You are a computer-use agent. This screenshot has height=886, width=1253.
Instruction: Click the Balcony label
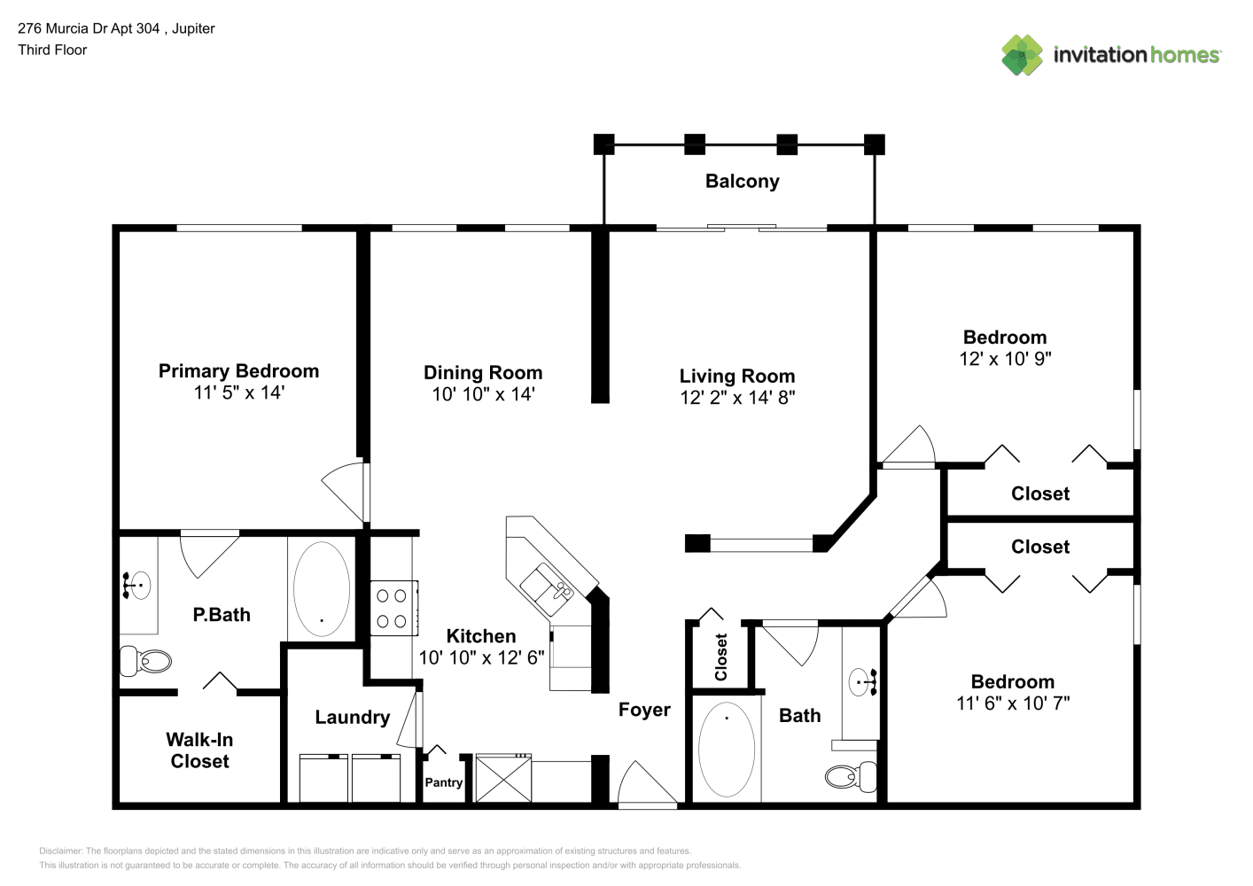(742, 182)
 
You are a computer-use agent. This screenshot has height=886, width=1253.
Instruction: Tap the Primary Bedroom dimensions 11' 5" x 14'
(239, 392)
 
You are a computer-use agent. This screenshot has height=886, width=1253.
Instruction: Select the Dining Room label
(483, 372)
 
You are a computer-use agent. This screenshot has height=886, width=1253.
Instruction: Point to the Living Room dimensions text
(737, 398)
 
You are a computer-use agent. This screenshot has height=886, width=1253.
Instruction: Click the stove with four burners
(393, 608)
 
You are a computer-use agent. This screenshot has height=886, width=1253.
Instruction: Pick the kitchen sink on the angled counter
(547, 589)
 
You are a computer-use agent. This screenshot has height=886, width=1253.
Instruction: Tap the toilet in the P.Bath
(144, 661)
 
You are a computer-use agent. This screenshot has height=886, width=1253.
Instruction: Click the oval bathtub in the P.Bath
(322, 588)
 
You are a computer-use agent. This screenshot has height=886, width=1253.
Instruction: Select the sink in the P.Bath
(137, 585)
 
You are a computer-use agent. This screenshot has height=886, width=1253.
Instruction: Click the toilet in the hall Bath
(851, 776)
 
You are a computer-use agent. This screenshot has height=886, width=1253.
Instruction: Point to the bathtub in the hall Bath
(727, 749)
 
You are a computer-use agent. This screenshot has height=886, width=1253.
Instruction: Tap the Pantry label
(444, 782)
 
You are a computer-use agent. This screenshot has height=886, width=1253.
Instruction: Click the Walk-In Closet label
(199, 750)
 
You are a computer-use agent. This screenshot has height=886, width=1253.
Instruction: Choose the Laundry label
(353, 718)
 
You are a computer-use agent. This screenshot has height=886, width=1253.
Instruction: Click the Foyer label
(644, 711)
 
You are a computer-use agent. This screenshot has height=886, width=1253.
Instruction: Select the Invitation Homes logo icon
(1022, 55)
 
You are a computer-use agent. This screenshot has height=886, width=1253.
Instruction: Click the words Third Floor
(52, 50)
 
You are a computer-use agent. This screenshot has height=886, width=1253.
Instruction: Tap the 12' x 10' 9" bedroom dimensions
(1005, 359)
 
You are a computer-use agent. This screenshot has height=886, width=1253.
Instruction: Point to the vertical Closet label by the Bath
(721, 657)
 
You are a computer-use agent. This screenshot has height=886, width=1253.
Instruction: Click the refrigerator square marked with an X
(503, 778)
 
